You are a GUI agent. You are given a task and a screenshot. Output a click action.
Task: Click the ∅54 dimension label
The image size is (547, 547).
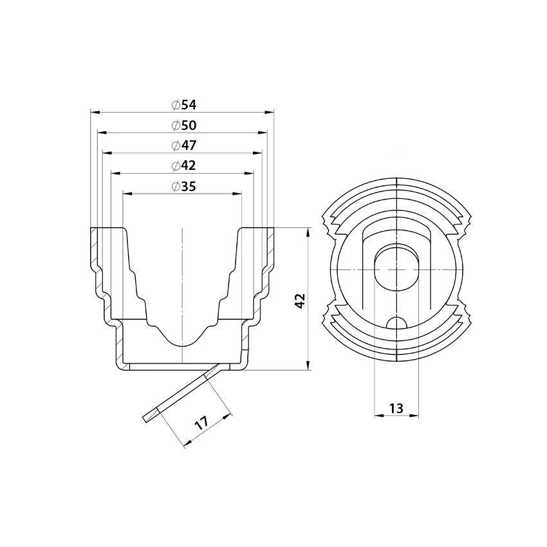pyautogui.click(x=183, y=105)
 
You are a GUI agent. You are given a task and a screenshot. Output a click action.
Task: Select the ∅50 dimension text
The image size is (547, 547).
pyautogui.click(x=183, y=125)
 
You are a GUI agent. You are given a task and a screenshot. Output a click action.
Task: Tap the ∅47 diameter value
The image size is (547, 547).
pyautogui.click(x=183, y=145)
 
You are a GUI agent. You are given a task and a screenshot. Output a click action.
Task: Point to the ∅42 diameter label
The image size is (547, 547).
pyautogui.click(x=183, y=165)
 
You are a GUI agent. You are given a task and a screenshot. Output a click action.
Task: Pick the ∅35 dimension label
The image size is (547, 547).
pyautogui.click(x=183, y=187)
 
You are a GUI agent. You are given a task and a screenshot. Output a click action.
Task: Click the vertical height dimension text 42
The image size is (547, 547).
pyautogui.click(x=299, y=300)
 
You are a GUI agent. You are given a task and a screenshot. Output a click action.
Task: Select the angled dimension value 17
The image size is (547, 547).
pyautogui.click(x=201, y=423)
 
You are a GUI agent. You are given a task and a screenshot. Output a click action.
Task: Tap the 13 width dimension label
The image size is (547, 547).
pyautogui.click(x=396, y=408)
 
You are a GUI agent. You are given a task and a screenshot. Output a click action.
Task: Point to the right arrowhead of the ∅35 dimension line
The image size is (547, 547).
pyautogui.click(x=237, y=193)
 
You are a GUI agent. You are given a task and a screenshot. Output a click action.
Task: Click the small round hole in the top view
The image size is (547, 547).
pyautogui.click(x=396, y=322)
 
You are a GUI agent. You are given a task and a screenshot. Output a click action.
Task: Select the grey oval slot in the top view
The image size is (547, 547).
pyautogui.click(x=396, y=268)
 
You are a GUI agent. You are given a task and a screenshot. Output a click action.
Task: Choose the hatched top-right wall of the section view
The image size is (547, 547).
pyautogui.click(x=270, y=245)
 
